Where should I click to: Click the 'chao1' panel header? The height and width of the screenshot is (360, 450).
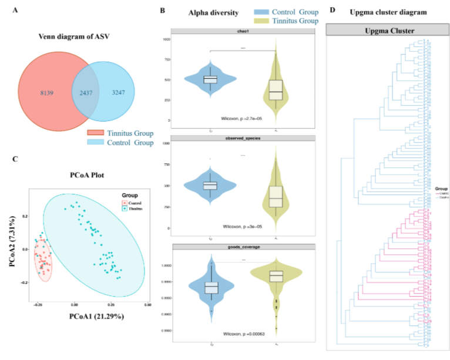click(x=243, y=31)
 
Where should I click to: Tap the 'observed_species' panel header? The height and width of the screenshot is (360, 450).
click(x=243, y=138)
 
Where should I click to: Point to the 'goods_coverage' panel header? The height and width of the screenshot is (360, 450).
click(x=243, y=247)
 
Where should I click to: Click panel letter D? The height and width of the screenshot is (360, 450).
click(x=333, y=9)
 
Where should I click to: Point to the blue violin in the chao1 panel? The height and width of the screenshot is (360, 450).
click(x=210, y=80)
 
